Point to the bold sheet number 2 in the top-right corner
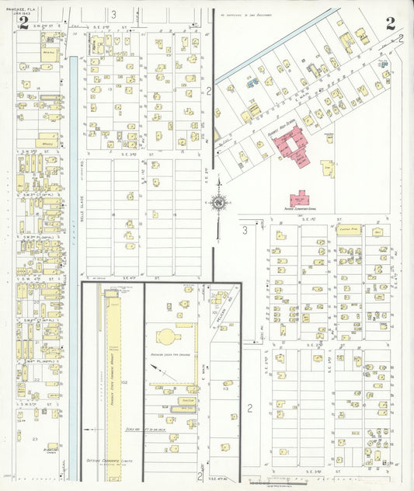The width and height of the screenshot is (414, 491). pos(389,22)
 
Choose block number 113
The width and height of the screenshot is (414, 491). pos(224,389)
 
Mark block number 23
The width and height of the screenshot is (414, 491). pos(36,439)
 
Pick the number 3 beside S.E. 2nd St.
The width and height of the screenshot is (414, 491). pos(113,14)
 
